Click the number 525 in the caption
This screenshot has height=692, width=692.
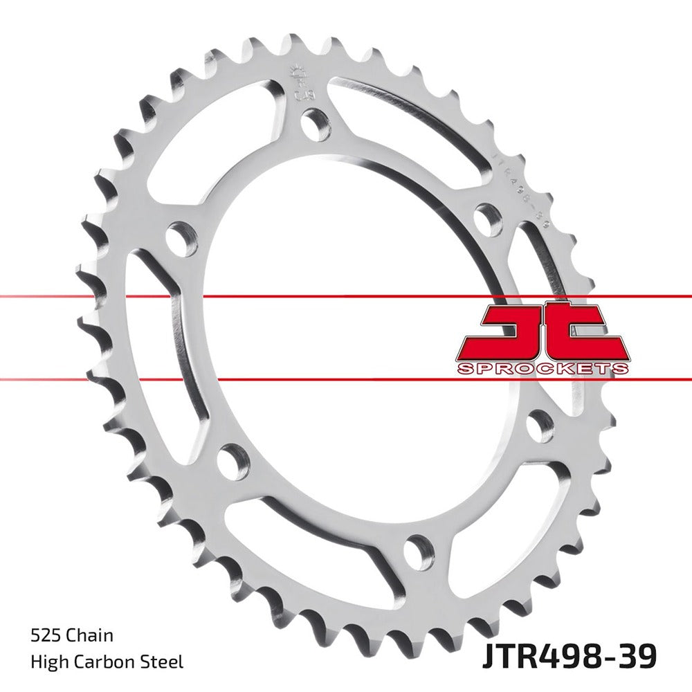[44, 635]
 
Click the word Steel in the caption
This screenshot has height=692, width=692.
[163, 662]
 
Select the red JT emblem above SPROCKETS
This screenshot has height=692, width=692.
[543, 330]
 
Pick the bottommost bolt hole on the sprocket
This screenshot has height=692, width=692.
[417, 552]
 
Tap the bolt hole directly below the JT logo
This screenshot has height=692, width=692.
[540, 426]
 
